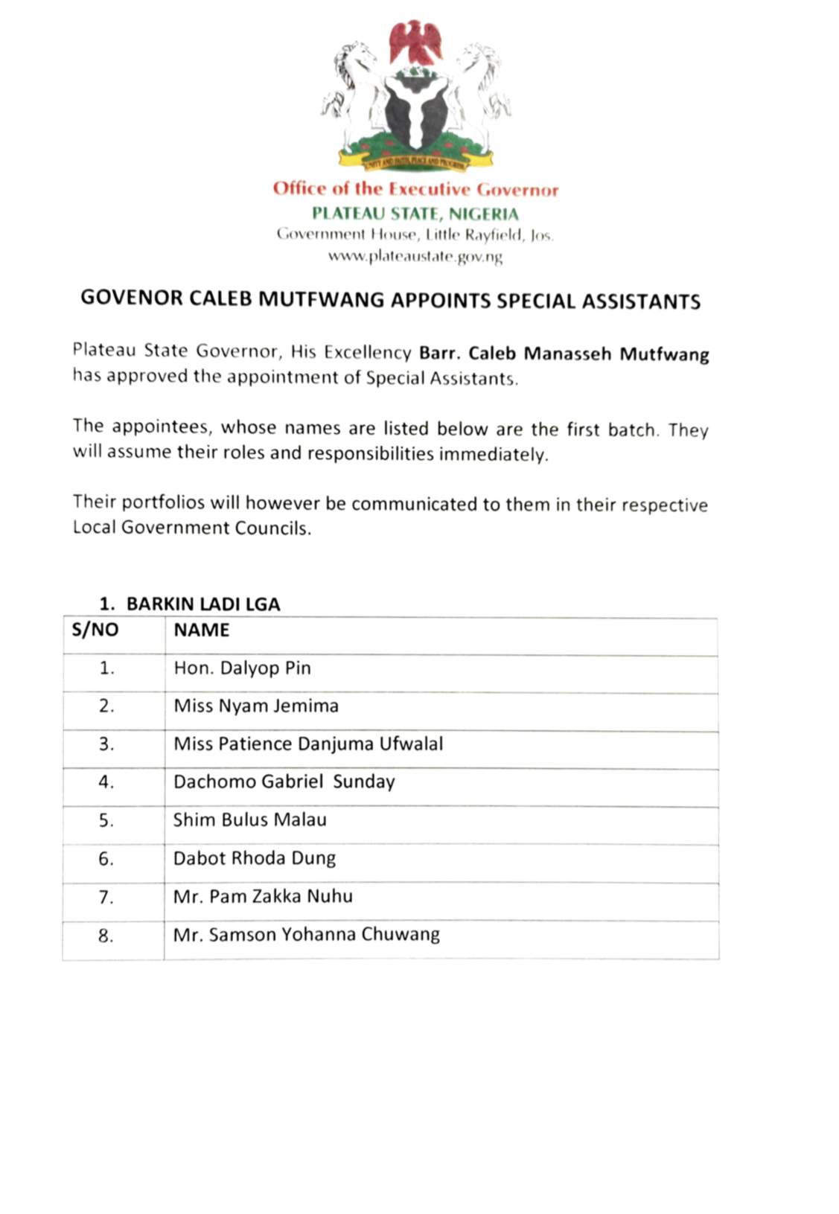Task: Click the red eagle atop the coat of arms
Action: pyautogui.click(x=415, y=42)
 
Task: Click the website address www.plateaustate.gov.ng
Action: pyautogui.click(x=415, y=257)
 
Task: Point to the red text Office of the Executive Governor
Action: pyautogui.click(x=415, y=189)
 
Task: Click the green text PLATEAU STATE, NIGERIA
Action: pyautogui.click(x=415, y=214)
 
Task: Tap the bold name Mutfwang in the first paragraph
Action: pyautogui.click(x=664, y=354)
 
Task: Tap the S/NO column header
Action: pyautogui.click(x=95, y=630)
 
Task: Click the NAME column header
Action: pyautogui.click(x=202, y=630)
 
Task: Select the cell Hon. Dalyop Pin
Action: pyautogui.click(x=242, y=668)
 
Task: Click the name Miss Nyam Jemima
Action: pyautogui.click(x=256, y=706)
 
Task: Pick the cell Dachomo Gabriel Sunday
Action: pyautogui.click(x=284, y=782)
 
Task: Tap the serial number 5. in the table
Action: pyautogui.click(x=106, y=820)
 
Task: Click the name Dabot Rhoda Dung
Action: pyautogui.click(x=254, y=858)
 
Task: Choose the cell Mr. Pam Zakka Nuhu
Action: pyautogui.click(x=263, y=896)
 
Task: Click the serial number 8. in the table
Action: pyautogui.click(x=106, y=936)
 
